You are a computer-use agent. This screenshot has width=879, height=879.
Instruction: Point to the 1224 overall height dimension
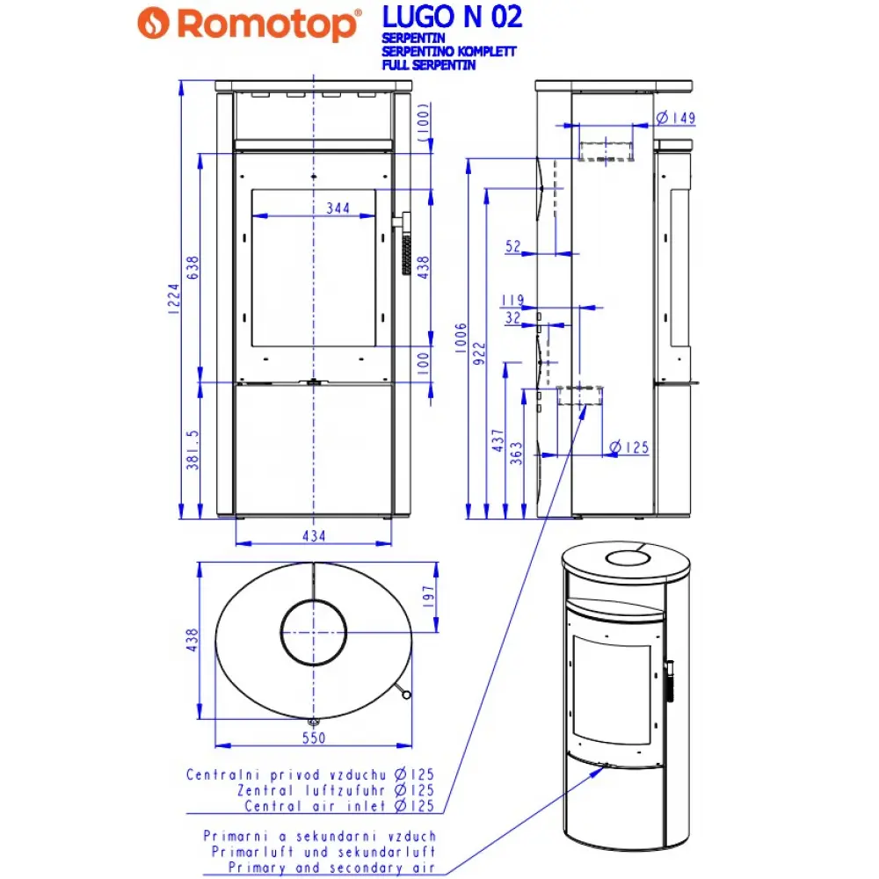pos(174,299)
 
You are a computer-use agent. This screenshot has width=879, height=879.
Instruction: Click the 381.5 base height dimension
pos(193,450)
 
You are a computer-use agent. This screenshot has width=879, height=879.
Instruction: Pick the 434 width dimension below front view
pos(314,535)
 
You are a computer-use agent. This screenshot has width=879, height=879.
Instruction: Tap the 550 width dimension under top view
pos(314,737)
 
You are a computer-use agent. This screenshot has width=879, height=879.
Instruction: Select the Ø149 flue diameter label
pos(676,118)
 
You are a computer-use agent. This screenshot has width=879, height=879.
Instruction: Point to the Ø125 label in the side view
pos(628,448)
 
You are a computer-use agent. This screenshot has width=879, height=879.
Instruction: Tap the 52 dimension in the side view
pos(513,247)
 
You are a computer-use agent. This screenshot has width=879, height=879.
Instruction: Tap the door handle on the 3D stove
pos(669,679)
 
